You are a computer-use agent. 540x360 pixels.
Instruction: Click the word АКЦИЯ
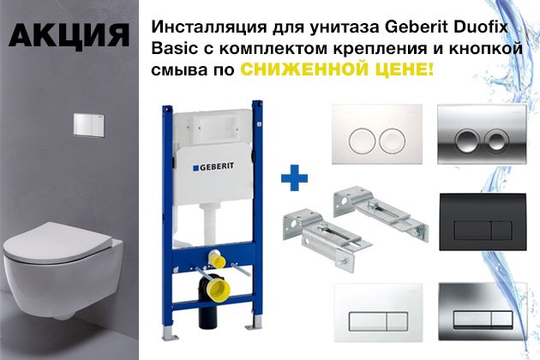(69, 35)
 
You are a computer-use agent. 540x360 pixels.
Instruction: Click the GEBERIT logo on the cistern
(213, 167)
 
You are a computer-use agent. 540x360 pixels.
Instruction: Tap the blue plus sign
(295, 177)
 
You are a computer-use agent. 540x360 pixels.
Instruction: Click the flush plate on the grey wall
(89, 124)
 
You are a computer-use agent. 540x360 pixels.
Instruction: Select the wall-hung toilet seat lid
(58, 243)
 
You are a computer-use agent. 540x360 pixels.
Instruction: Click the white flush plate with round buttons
(377, 135)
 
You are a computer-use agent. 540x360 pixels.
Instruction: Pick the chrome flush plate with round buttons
(482, 134)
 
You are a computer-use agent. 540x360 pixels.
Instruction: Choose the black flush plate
(483, 221)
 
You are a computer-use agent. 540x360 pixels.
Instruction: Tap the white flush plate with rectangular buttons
(378, 313)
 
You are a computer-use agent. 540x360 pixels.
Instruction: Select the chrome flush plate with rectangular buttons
(483, 312)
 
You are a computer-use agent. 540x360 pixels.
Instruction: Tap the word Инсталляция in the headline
(209, 27)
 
